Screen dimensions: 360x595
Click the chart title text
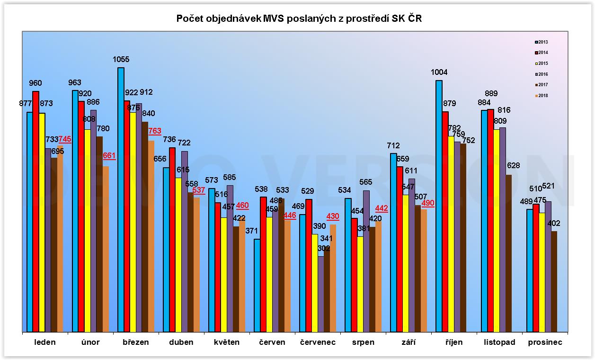point(298,18)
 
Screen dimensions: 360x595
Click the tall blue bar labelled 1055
point(121,199)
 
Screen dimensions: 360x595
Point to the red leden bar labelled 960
point(36,211)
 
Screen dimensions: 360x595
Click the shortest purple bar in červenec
point(321,294)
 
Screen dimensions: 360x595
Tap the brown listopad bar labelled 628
point(508,253)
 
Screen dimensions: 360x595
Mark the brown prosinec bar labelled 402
point(554,281)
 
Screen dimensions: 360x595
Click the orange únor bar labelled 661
point(106,249)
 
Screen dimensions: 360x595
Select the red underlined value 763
point(155,131)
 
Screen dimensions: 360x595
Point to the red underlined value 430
point(333,216)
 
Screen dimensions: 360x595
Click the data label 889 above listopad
point(491,94)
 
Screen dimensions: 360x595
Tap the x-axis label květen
point(226,342)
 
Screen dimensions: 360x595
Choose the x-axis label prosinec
point(545,342)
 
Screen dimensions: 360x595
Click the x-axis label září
point(408,342)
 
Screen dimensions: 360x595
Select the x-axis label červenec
point(318,342)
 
